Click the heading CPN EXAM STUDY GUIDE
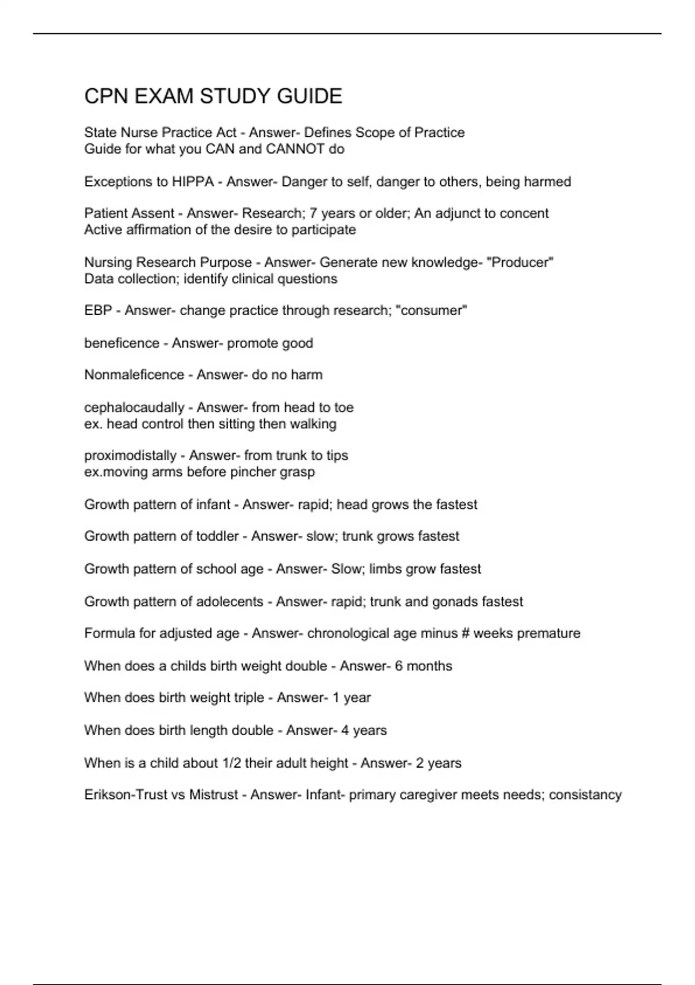(213, 96)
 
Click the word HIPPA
(193, 182)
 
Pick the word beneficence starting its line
(122, 343)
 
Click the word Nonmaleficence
(134, 375)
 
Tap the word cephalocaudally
(134, 407)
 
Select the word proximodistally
(130, 455)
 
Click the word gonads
(464, 601)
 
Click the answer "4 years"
(364, 731)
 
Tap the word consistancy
(585, 795)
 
